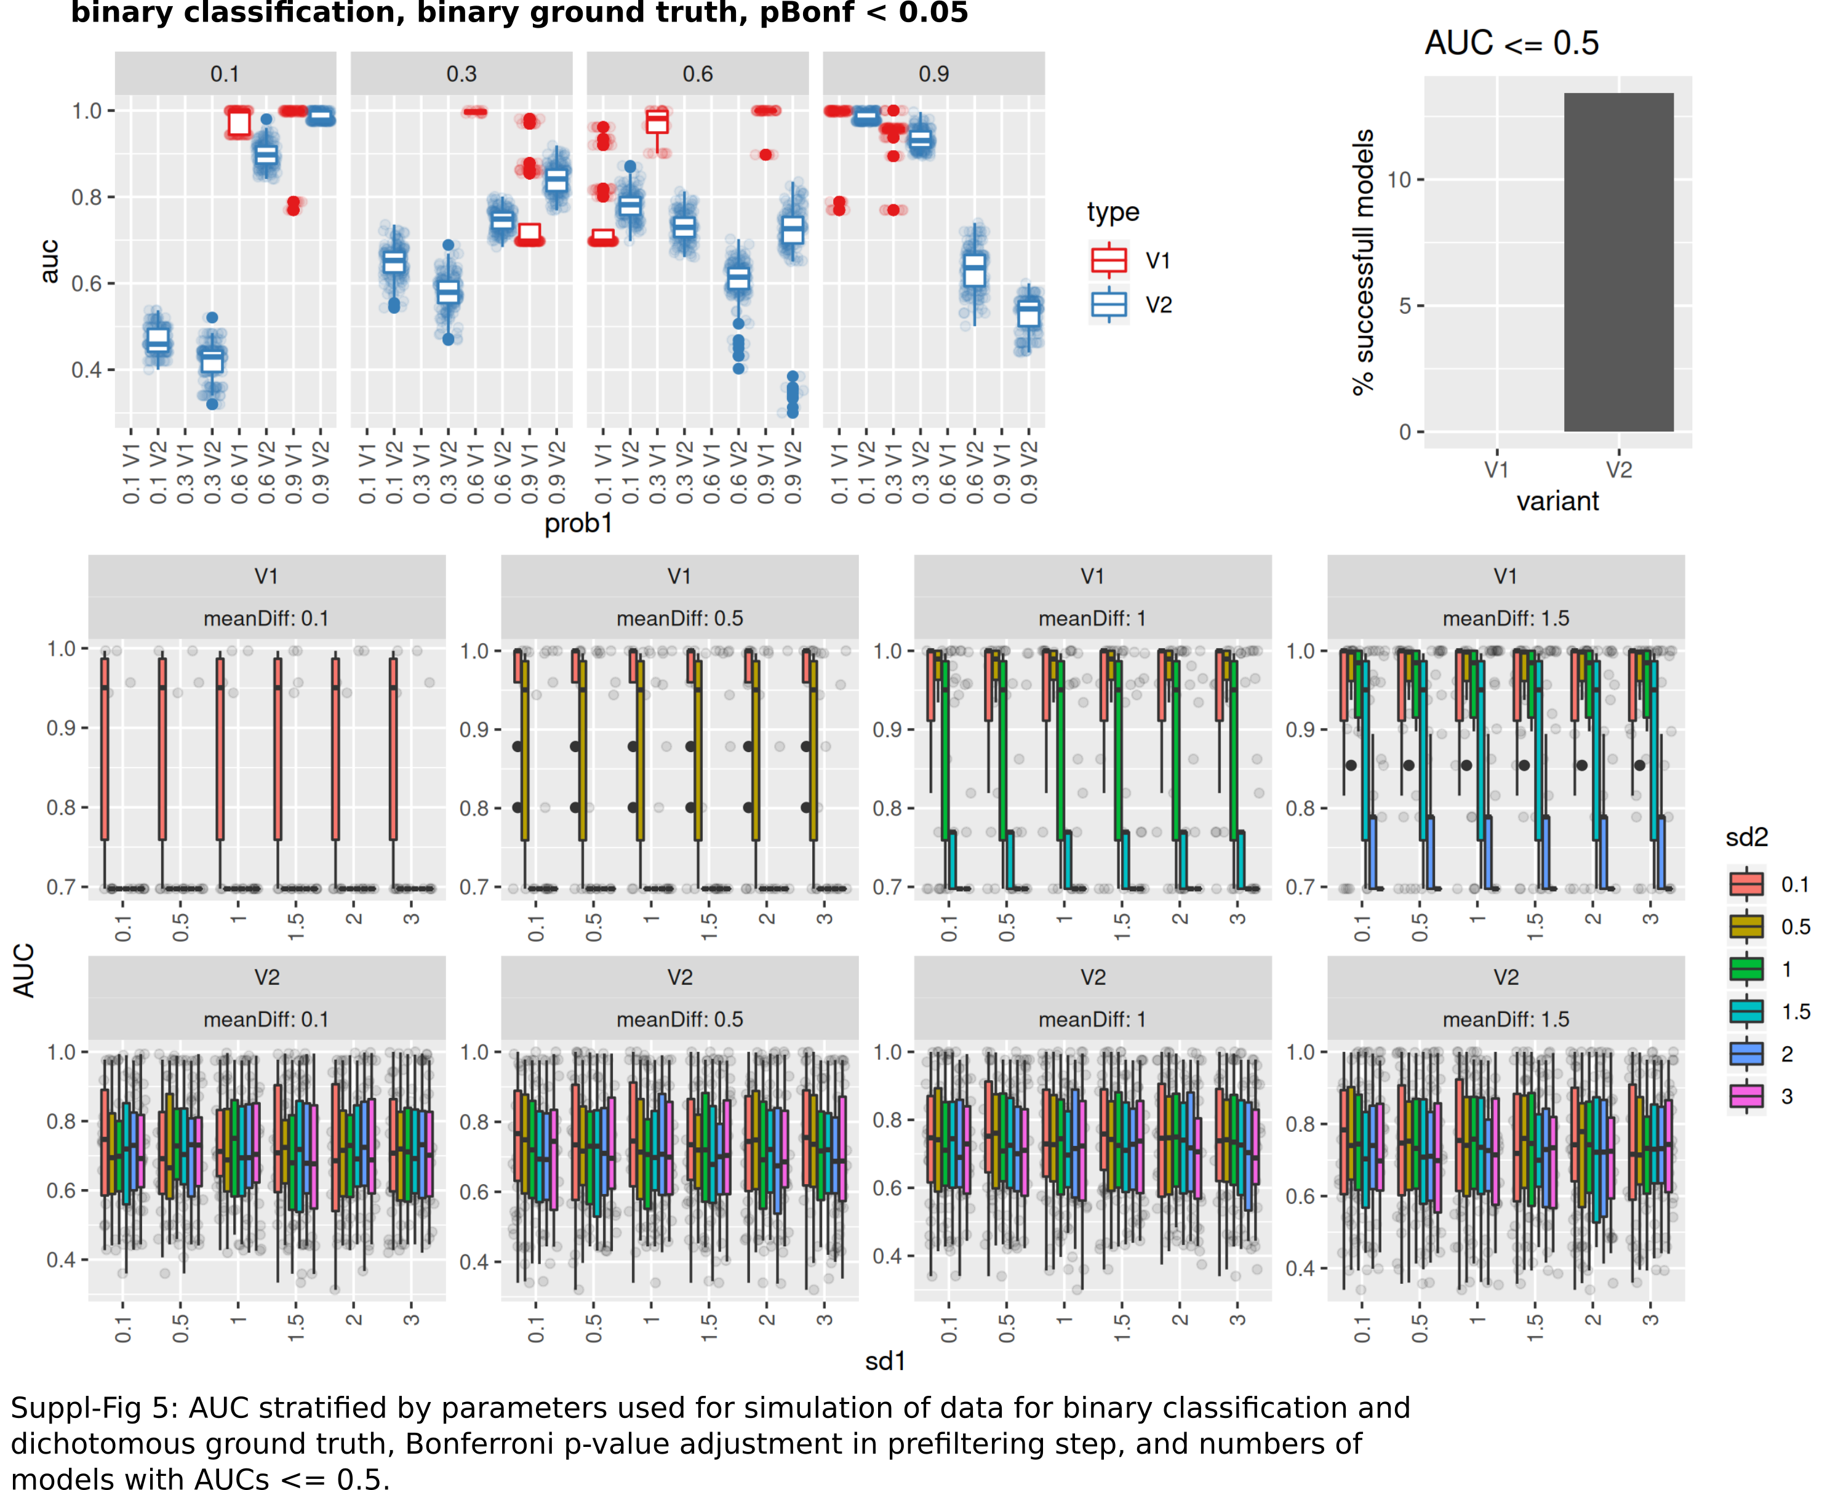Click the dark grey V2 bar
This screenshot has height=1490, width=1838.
tap(1618, 262)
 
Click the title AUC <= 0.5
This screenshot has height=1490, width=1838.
tap(1511, 43)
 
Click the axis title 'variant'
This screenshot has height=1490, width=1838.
tap(1557, 501)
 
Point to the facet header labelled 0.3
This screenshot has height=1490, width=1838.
tap(461, 74)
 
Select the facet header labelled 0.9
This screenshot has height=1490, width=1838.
tap(933, 74)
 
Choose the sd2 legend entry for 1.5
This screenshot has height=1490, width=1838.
tap(1768, 1012)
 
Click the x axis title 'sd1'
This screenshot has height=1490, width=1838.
tap(885, 1361)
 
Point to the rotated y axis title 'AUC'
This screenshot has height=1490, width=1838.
tap(24, 970)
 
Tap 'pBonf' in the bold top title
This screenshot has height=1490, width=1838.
tap(807, 13)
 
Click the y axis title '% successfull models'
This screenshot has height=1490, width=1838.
tap(1362, 262)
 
